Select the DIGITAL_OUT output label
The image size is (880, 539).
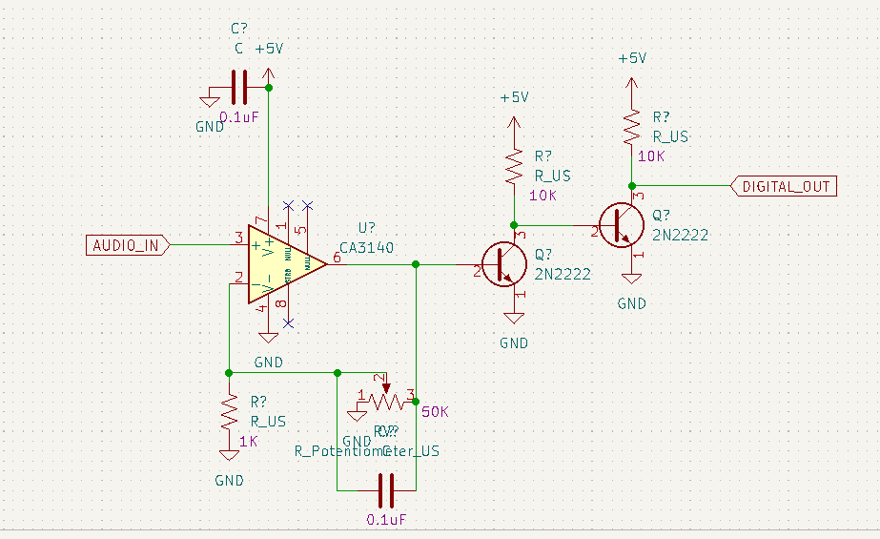(786, 186)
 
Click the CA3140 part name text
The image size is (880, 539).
(366, 247)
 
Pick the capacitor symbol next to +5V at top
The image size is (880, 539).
(238, 87)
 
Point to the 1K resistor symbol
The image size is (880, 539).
(228, 414)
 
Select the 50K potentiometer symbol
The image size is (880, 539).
(385, 402)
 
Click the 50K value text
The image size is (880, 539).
(434, 412)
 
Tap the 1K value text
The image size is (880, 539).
(249, 442)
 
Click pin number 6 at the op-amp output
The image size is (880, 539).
(337, 259)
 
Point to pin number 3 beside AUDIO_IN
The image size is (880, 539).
(237, 237)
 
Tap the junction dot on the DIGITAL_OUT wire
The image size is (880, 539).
(630, 186)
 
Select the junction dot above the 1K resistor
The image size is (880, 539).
(228, 372)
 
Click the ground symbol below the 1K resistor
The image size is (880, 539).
(228, 457)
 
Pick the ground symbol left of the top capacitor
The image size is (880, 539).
(209, 97)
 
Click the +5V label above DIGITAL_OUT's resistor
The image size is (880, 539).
(631, 58)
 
